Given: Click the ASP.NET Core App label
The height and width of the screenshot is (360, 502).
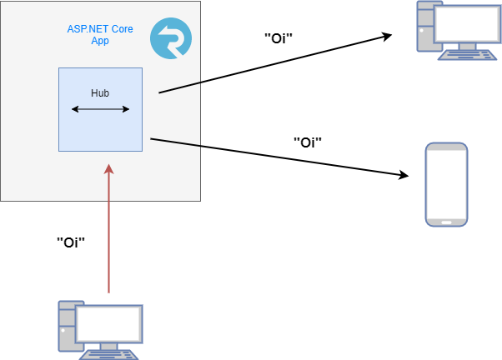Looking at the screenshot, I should click(100, 34).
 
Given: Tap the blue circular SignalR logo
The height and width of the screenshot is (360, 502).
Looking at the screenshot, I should click(170, 39).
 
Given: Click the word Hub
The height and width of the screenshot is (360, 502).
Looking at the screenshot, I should click(100, 93).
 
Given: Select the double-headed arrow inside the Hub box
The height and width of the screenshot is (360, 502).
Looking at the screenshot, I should click(100, 109).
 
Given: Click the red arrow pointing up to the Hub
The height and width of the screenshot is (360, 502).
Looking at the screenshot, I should click(108, 233).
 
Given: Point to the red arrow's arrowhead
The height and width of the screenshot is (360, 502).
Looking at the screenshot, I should click(108, 169).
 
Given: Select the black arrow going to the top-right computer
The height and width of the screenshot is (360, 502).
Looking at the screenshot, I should click(275, 64).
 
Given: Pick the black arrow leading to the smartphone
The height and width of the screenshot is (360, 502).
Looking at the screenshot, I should click(279, 157).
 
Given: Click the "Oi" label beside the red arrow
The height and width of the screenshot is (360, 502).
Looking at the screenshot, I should click(71, 242).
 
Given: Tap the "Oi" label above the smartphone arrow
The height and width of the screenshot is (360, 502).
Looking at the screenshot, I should click(308, 142).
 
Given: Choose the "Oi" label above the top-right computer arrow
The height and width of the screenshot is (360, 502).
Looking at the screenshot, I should click(279, 37).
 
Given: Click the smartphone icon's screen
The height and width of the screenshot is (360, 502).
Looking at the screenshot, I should click(446, 183).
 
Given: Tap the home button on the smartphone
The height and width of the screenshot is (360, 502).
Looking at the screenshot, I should click(446, 222).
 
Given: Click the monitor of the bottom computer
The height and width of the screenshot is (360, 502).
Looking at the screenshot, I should click(109, 322).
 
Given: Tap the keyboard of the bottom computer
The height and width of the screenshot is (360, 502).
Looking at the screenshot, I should click(110, 353).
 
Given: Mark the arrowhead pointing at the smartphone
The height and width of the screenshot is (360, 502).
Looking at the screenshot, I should click(404, 175).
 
